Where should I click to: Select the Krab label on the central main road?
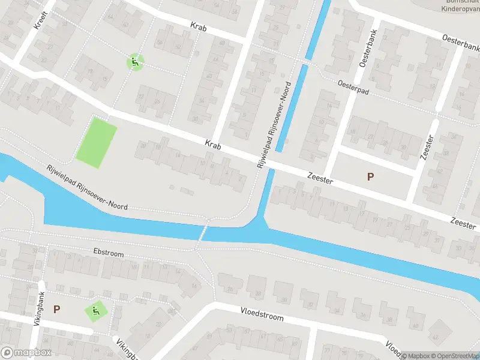pos(213,144)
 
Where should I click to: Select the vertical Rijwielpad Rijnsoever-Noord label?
pos(274,124)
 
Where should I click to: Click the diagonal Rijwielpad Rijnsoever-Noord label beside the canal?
pos(88,187)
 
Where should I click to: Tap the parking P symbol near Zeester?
pos(370,176)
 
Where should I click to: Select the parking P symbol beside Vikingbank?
pos(56,310)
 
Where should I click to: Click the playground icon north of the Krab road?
pos(135,61)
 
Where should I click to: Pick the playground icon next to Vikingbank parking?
pos(95,311)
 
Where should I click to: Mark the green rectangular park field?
pos(96,142)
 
